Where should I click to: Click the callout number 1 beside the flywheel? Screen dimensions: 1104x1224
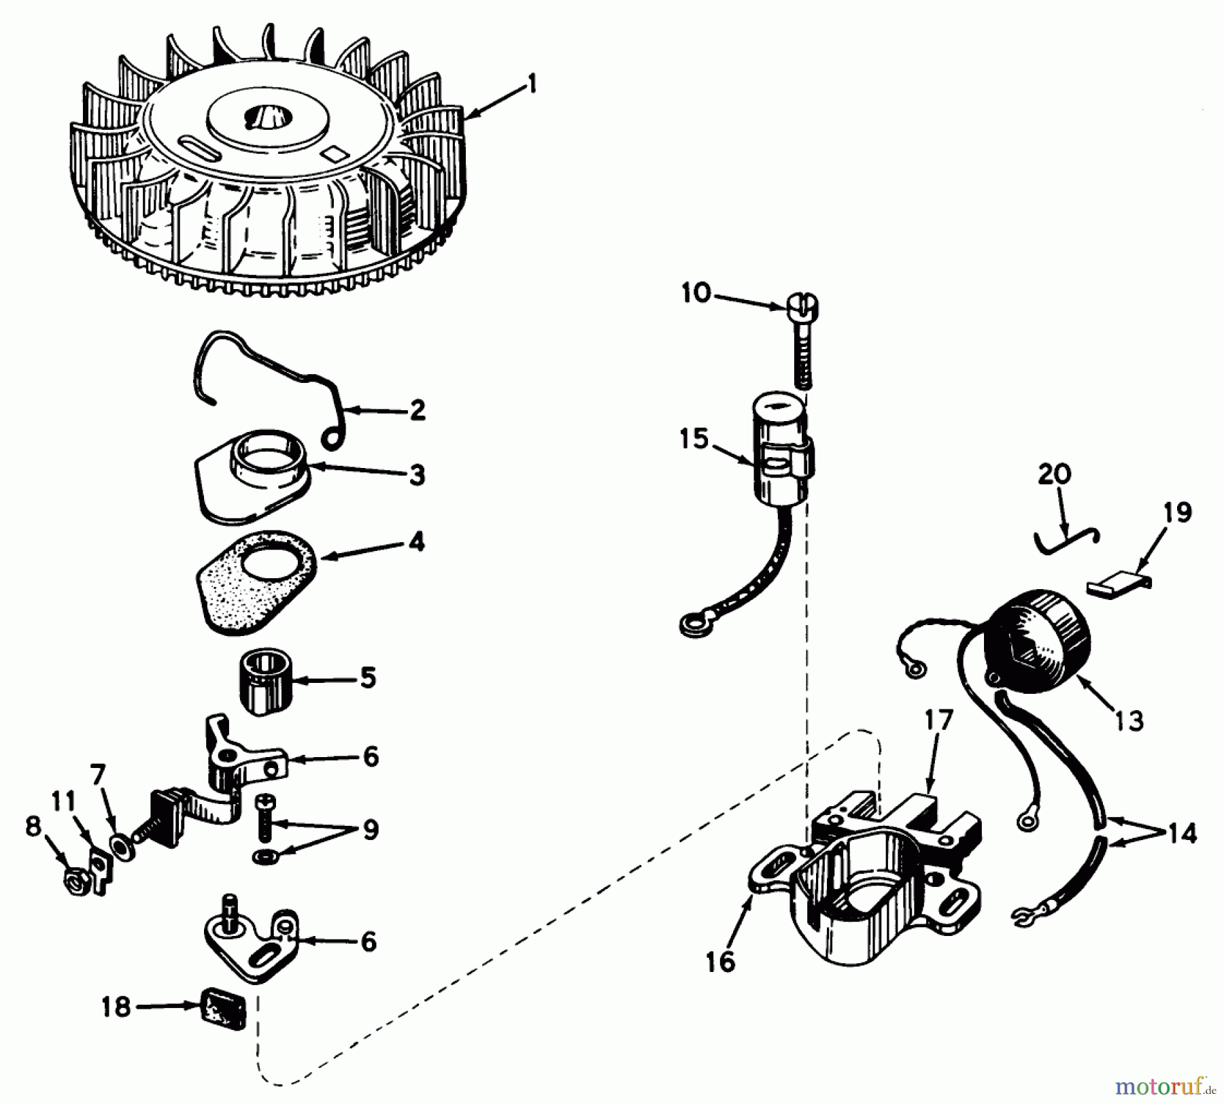coord(532,85)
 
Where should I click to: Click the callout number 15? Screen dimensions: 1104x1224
coord(694,439)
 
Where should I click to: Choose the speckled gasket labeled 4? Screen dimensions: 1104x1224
coord(257,584)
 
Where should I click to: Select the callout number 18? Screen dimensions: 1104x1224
coord(116,1007)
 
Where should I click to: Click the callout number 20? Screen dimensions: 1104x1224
coord(1055,473)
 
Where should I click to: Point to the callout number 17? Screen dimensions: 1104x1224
coord(938,719)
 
